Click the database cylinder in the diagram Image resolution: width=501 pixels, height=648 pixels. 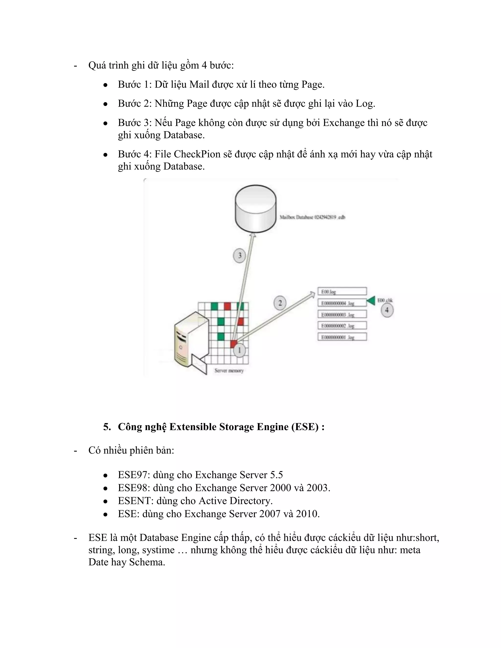click(x=256, y=208)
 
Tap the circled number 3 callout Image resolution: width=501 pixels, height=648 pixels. click(x=239, y=256)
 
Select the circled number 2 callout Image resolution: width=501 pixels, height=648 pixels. click(x=280, y=303)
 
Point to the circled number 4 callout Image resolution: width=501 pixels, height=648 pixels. click(x=387, y=310)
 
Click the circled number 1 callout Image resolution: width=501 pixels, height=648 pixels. click(x=239, y=350)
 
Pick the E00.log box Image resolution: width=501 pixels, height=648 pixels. click(x=342, y=291)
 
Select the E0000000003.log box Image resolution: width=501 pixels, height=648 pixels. click(x=342, y=314)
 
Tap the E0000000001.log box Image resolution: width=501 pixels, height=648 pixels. click(x=342, y=337)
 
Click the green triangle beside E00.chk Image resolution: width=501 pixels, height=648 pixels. click(x=371, y=301)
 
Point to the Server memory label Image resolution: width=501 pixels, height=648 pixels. click(x=229, y=370)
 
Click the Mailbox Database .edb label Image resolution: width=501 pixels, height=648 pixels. click(x=312, y=217)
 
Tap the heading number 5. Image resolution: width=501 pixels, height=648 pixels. click(x=107, y=427)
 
